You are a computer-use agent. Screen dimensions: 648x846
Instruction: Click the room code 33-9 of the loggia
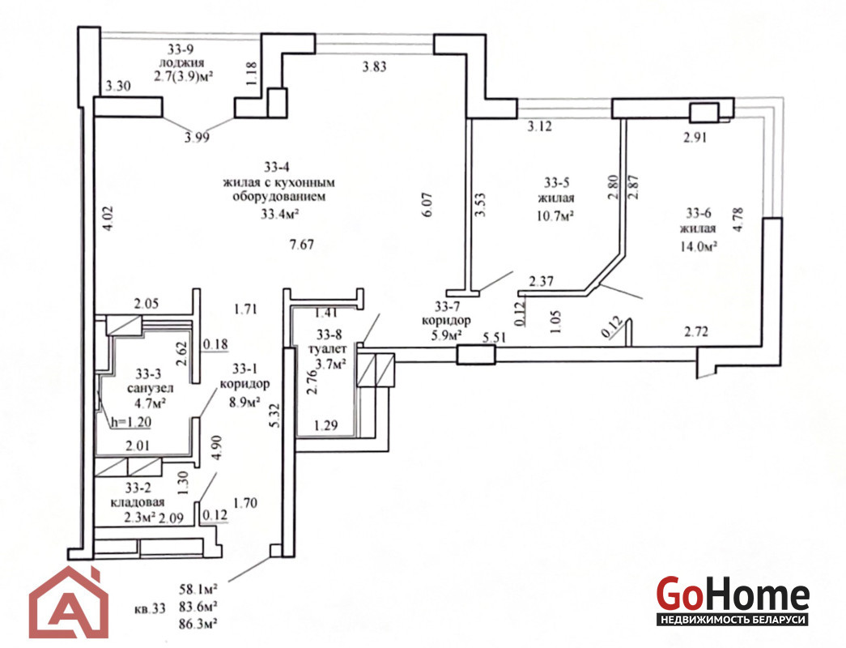click(x=181, y=48)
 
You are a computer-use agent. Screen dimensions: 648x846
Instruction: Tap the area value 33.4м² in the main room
click(x=281, y=215)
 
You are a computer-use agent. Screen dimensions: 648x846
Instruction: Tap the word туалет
click(x=329, y=349)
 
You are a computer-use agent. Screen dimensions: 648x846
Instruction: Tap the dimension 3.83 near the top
click(x=376, y=67)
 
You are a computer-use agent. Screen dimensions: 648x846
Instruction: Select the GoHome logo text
click(x=732, y=596)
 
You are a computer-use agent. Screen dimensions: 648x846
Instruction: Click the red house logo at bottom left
click(x=69, y=603)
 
